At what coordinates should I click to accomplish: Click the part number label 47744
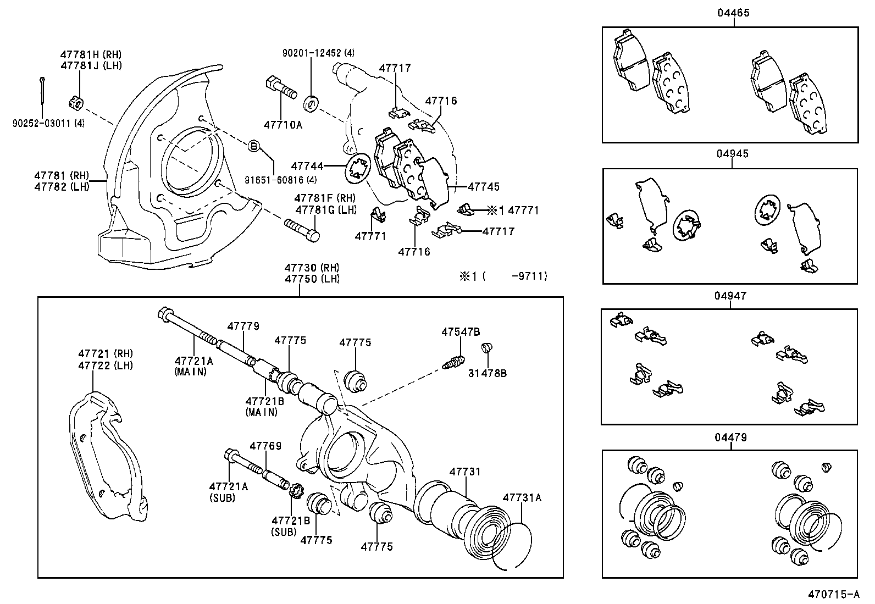click(307, 165)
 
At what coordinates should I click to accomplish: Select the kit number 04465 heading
click(733, 13)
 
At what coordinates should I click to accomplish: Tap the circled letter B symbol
click(253, 146)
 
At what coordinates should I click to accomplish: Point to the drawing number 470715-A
click(833, 594)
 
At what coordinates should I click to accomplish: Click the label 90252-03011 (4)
click(48, 124)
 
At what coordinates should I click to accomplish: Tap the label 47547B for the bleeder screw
click(461, 331)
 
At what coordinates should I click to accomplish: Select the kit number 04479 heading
click(730, 437)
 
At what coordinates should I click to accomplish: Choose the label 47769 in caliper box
click(265, 446)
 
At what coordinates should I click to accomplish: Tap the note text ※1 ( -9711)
click(503, 276)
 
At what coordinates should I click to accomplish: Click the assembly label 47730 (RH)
click(312, 268)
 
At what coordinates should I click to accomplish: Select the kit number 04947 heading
click(730, 296)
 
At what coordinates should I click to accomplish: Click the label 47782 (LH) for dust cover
click(61, 186)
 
